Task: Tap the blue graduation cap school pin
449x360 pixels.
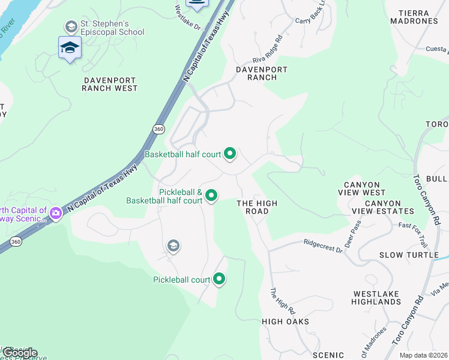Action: tap(70, 48)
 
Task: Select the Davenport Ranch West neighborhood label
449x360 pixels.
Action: tap(110, 83)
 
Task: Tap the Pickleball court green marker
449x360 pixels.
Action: tap(219, 279)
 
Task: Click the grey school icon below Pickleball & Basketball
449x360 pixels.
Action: tap(173, 245)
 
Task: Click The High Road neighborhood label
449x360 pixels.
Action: tap(257, 207)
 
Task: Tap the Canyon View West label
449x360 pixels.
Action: tap(365, 188)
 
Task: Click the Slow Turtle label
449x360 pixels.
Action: tap(409, 255)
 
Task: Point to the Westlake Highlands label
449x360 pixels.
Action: tap(377, 298)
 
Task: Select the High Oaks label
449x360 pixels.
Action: tap(285, 322)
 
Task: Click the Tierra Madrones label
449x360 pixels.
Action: tap(414, 17)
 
